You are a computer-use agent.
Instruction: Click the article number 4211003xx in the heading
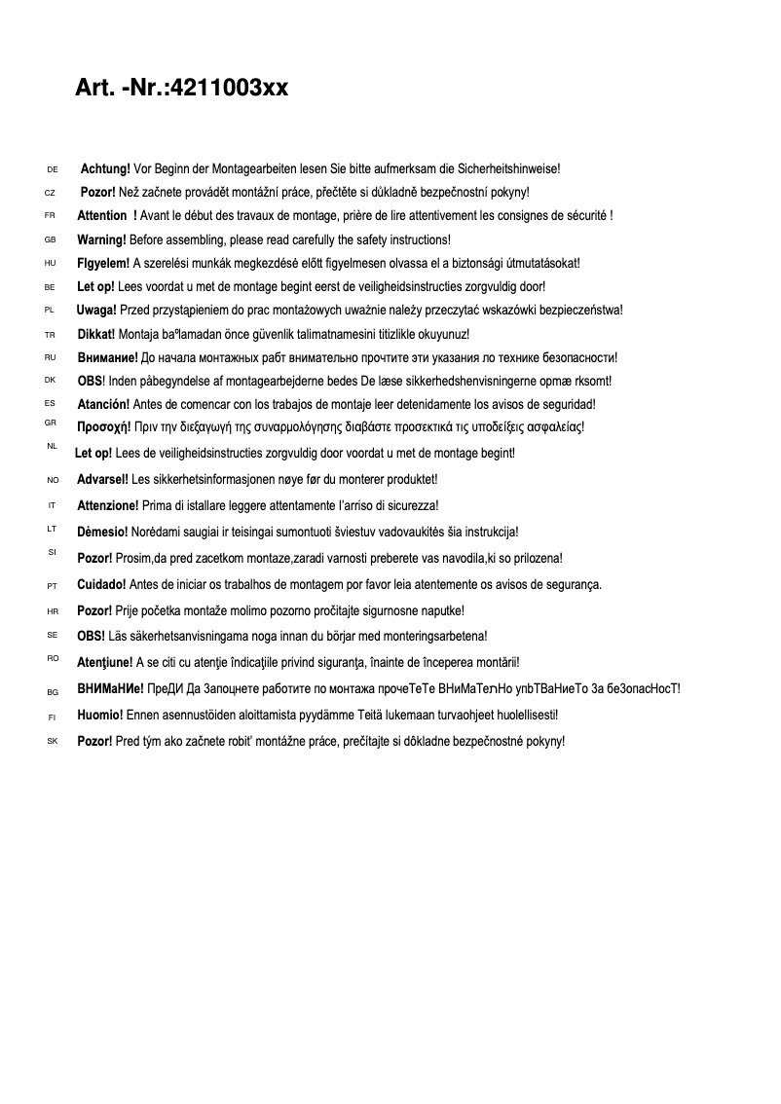click(x=228, y=89)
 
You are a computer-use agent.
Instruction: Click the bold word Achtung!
click(x=105, y=169)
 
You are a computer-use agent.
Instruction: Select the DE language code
click(x=53, y=170)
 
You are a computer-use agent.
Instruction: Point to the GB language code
click(x=50, y=239)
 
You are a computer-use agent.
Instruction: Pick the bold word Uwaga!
click(x=96, y=311)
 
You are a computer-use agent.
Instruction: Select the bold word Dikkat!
click(x=96, y=334)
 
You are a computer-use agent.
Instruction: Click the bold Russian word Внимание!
click(x=107, y=357)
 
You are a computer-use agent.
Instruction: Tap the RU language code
click(x=51, y=357)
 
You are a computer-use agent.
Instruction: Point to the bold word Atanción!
click(x=103, y=404)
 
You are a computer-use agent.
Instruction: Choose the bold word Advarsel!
click(x=102, y=479)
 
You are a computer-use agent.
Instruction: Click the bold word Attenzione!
click(x=107, y=505)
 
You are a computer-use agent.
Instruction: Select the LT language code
click(x=52, y=529)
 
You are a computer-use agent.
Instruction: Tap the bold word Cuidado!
click(x=101, y=584)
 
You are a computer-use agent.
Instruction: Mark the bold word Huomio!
click(x=100, y=715)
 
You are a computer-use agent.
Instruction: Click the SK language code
click(x=53, y=742)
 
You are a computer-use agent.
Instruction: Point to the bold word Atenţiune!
click(x=105, y=662)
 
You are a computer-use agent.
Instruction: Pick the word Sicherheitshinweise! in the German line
click(x=507, y=169)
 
